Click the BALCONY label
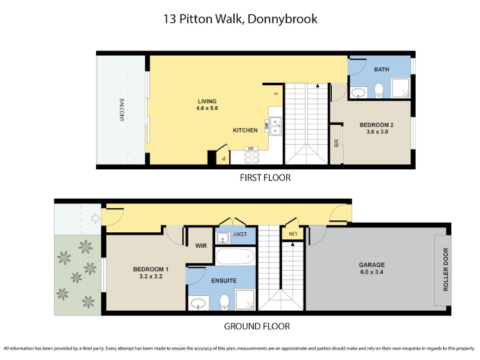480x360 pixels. (122, 110)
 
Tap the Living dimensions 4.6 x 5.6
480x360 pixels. (207, 108)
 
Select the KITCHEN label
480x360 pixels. (245, 130)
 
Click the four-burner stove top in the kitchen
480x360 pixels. (251, 157)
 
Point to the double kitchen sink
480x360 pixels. (275, 126)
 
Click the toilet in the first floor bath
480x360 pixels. (379, 91)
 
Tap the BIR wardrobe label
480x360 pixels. (336, 143)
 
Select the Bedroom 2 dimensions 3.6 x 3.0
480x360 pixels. (377, 131)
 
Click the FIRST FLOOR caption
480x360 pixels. (265, 178)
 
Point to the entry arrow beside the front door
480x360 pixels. (96, 218)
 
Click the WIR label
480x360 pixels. (201, 245)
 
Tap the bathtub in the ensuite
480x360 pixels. (235, 256)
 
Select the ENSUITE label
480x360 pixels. (224, 280)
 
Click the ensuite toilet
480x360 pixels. (224, 302)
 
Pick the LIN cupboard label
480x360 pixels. (293, 234)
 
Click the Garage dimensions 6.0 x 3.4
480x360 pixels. (371, 272)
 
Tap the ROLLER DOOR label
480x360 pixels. (445, 269)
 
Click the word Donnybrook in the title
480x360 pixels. (282, 19)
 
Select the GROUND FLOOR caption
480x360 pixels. (257, 326)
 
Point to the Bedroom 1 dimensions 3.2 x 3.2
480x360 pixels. (151, 276)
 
